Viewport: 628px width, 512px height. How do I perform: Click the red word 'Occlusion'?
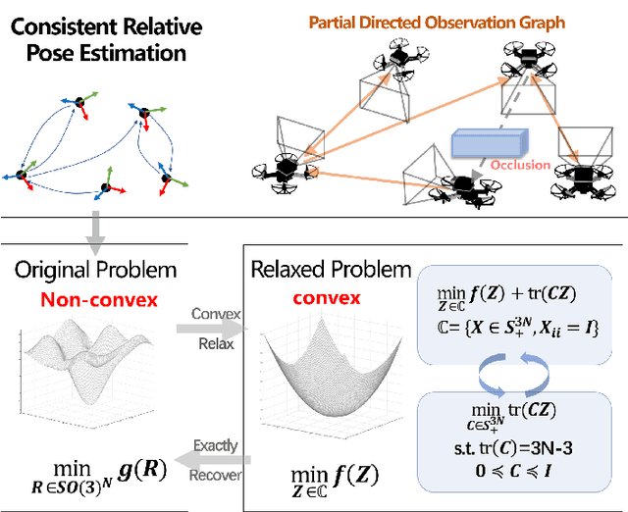pos(519,165)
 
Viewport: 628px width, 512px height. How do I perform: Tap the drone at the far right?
pos(586,178)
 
